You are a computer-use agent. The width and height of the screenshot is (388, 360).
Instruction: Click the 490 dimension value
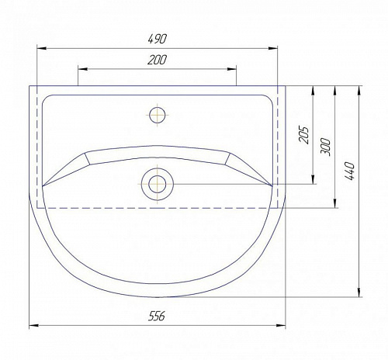click(158, 39)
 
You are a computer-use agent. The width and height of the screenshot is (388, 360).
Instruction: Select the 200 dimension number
click(158, 60)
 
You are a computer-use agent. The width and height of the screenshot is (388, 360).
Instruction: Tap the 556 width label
click(157, 316)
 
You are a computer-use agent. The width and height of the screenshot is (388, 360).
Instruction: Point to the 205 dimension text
click(304, 135)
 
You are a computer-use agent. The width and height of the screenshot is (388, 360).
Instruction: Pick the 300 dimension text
click(326, 147)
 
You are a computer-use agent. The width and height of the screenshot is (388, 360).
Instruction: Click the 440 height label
click(349, 171)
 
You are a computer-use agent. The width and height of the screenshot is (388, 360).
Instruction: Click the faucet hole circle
click(158, 115)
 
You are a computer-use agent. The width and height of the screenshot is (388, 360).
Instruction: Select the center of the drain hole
click(158, 184)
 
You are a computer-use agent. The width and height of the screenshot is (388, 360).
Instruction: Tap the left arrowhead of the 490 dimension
click(42, 48)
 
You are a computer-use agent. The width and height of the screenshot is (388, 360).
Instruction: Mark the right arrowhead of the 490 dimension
click(272, 48)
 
